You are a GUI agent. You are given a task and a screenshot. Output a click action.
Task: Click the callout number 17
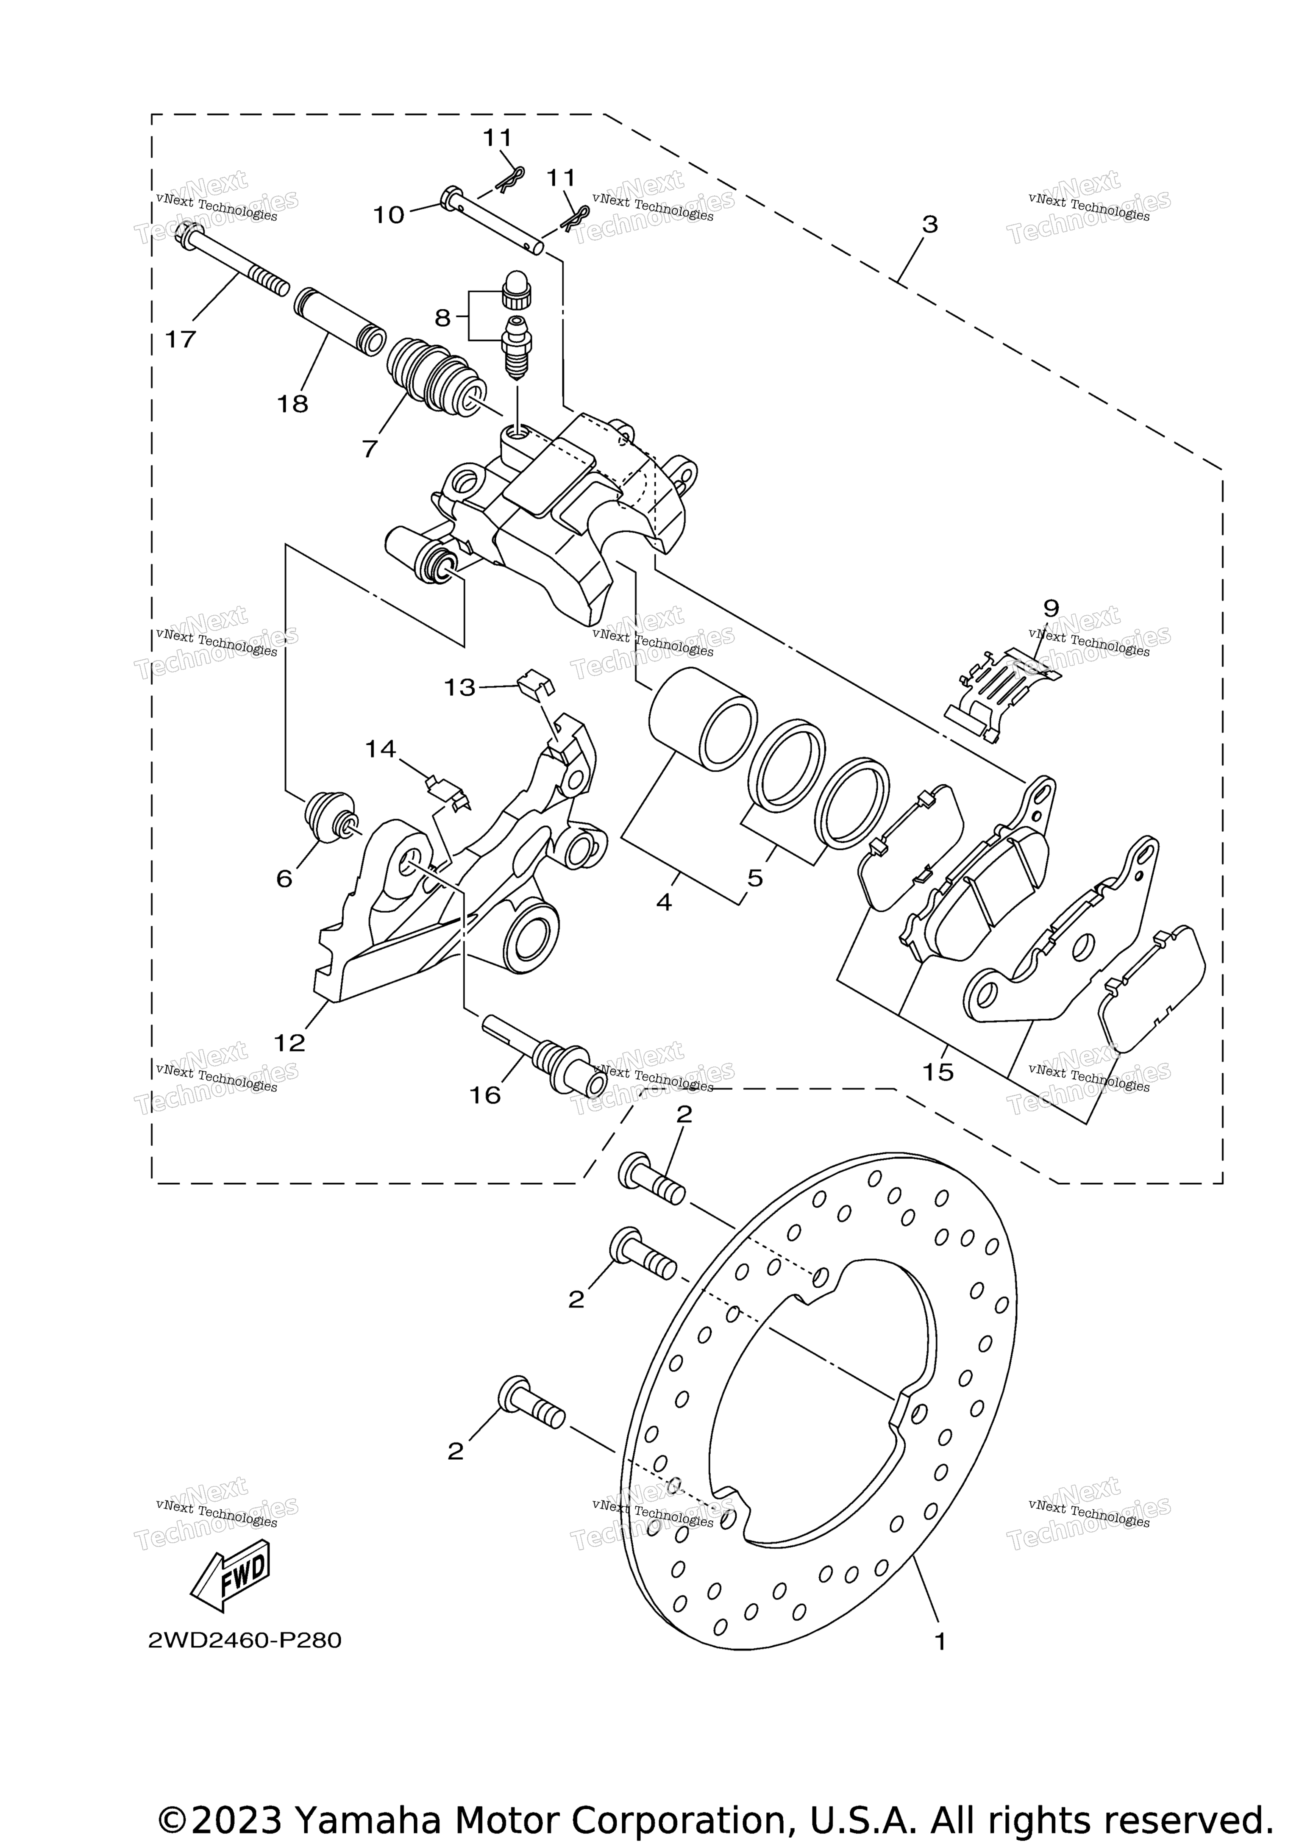click(180, 340)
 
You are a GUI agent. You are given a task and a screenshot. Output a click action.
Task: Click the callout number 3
click(929, 225)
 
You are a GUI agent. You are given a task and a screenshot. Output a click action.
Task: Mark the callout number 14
click(380, 749)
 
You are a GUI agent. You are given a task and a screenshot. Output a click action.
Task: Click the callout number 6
click(284, 879)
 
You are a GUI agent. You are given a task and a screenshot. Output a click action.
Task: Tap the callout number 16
click(485, 1095)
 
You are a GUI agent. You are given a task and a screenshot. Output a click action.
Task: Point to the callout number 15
click(938, 1072)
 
